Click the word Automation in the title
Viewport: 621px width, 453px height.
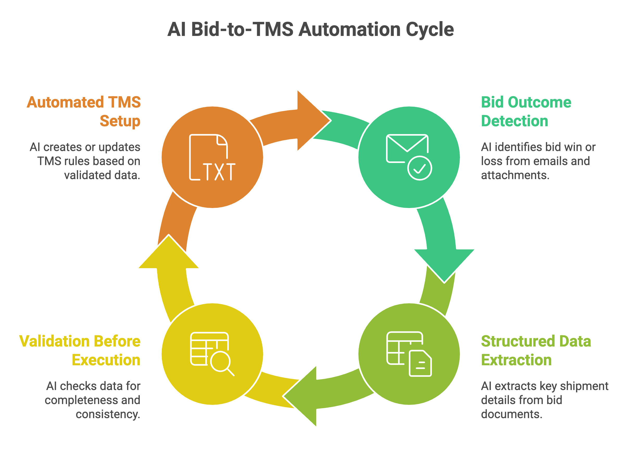(x=350, y=30)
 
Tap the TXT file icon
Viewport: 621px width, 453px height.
(x=212, y=158)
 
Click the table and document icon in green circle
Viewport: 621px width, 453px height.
(x=409, y=354)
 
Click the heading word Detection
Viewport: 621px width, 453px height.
(x=514, y=121)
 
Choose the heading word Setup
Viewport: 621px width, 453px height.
(x=120, y=121)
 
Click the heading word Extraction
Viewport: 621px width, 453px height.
(x=516, y=360)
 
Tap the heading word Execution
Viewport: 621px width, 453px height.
(x=106, y=360)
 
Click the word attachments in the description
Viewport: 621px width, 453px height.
(x=515, y=175)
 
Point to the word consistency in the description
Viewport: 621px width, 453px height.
(x=108, y=414)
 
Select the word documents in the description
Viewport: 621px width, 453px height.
(x=511, y=414)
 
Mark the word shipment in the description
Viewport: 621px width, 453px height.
(x=584, y=386)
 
